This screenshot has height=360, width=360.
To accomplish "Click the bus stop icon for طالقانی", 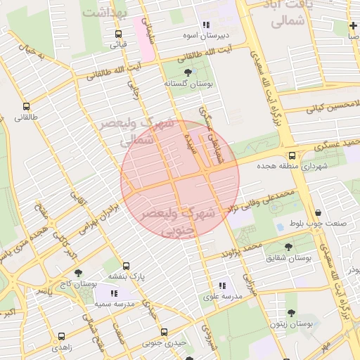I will click(x=26, y=106).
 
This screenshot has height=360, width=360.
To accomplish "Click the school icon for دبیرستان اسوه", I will click(x=206, y=25).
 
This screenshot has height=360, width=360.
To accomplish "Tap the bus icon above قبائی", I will click(x=117, y=34).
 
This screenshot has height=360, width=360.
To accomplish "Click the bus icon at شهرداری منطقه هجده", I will click(x=292, y=155).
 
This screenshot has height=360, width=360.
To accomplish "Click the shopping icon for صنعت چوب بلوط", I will click(x=319, y=213).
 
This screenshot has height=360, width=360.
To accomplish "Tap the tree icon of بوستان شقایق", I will click(x=288, y=247).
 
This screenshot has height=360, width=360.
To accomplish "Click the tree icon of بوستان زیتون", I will click(x=291, y=313).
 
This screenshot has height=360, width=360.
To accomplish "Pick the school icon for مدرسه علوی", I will click(x=222, y=285).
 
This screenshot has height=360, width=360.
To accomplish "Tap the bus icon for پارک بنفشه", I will click(x=126, y=266).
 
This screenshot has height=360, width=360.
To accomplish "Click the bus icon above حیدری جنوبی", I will click(x=164, y=332).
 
